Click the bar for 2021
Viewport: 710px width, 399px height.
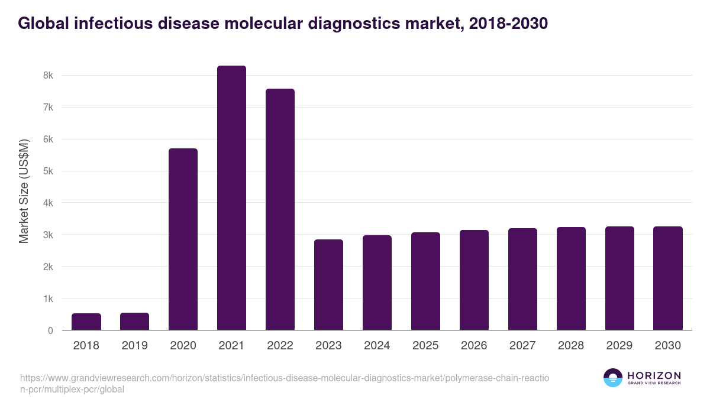click(231, 197)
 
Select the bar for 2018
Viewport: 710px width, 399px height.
click(86, 322)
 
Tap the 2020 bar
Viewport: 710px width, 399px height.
click(183, 239)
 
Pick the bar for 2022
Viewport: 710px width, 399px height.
click(280, 209)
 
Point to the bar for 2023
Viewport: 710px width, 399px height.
click(328, 284)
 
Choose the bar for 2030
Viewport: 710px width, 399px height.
click(668, 278)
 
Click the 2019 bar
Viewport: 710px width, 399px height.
click(135, 321)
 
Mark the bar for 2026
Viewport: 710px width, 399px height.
click(474, 280)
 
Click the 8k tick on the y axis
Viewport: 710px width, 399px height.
click(48, 76)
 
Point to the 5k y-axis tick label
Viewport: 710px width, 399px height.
click(48, 171)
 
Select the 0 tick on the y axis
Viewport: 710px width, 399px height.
click(50, 330)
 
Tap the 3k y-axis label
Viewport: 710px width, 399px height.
click(48, 235)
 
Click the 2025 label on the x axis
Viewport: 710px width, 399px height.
click(425, 346)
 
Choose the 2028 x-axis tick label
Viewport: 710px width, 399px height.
click(571, 346)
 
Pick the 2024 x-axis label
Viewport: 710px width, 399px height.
click(377, 346)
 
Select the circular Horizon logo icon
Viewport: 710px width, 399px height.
click(613, 378)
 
